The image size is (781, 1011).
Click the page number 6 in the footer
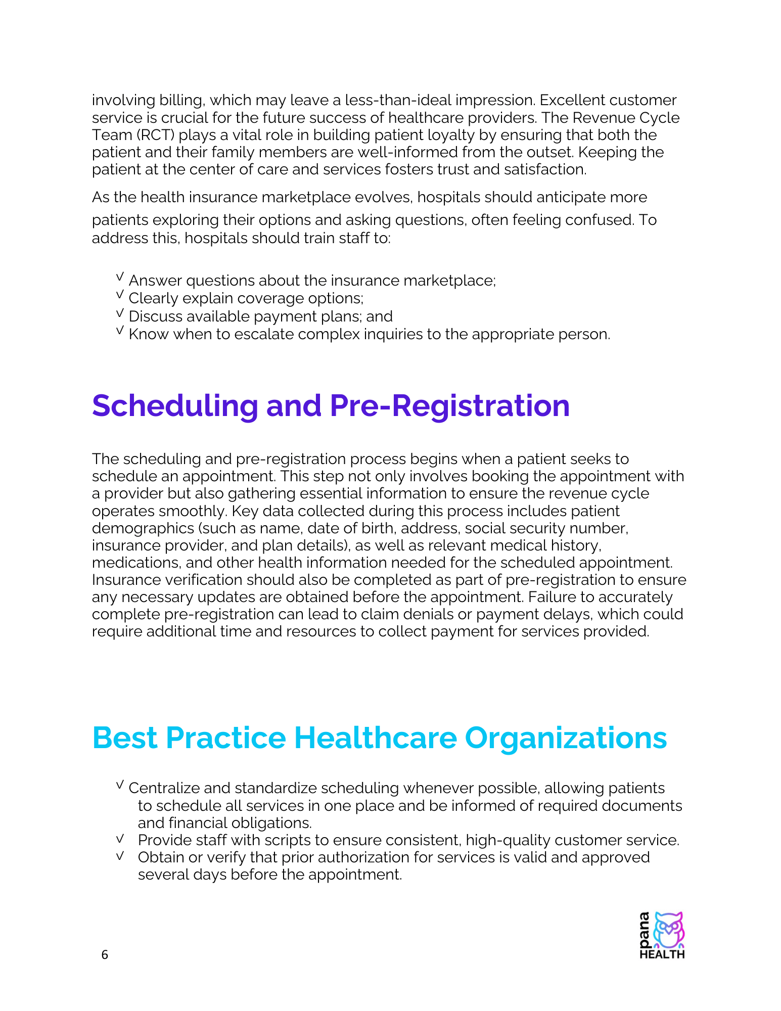[105, 954]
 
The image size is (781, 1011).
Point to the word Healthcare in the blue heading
[375, 738]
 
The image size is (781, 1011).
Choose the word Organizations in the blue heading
[566, 738]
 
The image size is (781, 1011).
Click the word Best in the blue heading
[125, 738]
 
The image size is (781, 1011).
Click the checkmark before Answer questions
[120, 277]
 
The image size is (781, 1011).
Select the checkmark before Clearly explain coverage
[120, 295]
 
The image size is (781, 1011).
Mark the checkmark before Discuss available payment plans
[120, 313]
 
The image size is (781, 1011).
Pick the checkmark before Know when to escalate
[120, 331]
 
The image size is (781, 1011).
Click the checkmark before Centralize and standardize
[120, 785]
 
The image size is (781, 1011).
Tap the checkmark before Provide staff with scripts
[120, 839]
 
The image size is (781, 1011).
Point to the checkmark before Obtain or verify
[120, 856]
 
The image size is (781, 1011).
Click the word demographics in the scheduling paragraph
[143, 528]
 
